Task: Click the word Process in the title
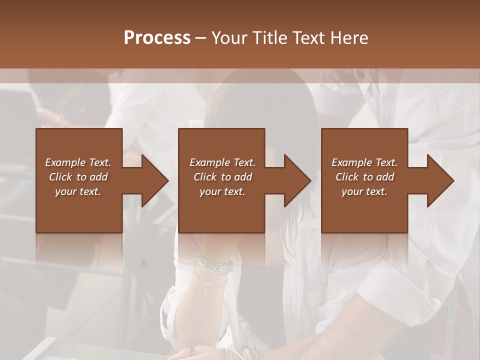[157, 38]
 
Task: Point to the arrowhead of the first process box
[154, 180]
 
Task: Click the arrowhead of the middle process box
[297, 180]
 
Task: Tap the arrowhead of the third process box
[440, 180]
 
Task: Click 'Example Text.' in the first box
[78, 162]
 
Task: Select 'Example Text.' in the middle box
[222, 162]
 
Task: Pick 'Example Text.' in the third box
[364, 162]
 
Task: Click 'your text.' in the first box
[78, 191]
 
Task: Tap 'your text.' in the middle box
[222, 191]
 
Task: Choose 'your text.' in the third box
[364, 191]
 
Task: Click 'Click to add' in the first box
[78, 177]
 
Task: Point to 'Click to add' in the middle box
[222, 177]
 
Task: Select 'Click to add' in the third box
[364, 177]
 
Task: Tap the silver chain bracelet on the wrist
[210, 282]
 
